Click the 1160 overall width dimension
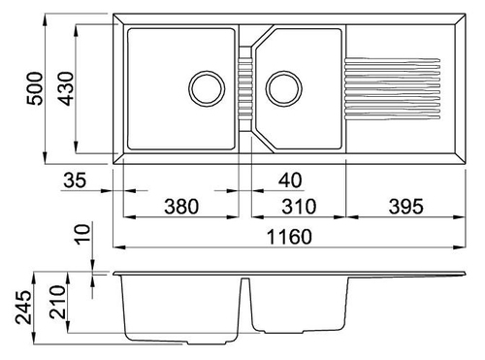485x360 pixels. coord(289,237)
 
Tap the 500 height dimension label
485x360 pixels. coord(35,88)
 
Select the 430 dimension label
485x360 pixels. coord(67,88)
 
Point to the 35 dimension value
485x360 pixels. coord(75,180)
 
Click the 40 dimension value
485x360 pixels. coord(290,180)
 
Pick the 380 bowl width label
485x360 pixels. coord(181,207)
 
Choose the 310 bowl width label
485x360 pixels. coord(299,207)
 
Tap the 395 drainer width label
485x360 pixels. coord(405,207)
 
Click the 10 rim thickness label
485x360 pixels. coord(82,235)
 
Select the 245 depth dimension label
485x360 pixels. coord(24,308)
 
